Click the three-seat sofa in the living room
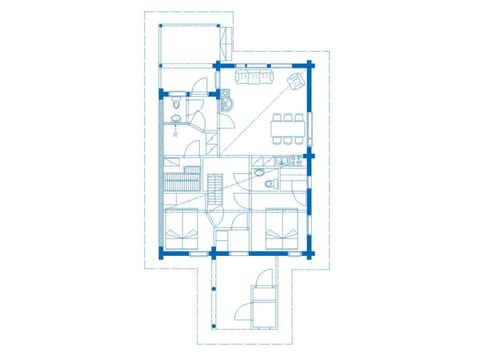pyautogui.click(x=253, y=76)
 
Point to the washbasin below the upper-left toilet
pyautogui.click(x=176, y=121)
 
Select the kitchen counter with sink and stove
pyautogui.click(x=282, y=160)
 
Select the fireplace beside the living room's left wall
pyautogui.click(x=225, y=99)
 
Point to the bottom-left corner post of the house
pyautogui.click(x=162, y=254)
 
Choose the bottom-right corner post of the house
pyautogui.click(x=311, y=254)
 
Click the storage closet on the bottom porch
pyautogui.click(x=265, y=306)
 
